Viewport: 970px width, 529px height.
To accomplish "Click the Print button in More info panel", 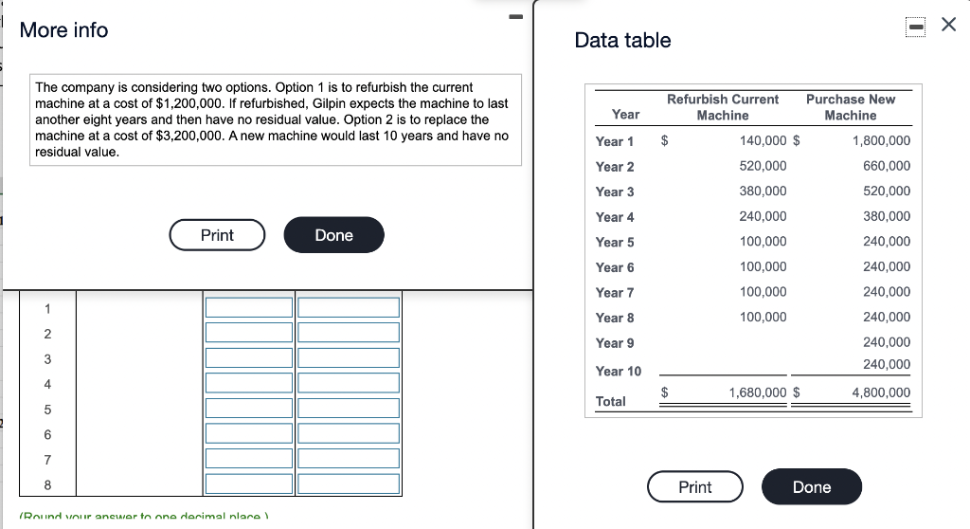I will [x=217, y=235].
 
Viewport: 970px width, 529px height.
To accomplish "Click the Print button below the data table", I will [x=694, y=487].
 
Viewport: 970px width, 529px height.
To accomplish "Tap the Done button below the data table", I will [x=811, y=487].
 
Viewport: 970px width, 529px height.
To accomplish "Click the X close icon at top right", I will [x=949, y=26].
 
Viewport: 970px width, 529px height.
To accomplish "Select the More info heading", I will [x=63, y=30].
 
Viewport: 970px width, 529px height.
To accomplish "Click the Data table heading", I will [x=622, y=41].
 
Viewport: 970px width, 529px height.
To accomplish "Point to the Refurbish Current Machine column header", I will [x=722, y=107].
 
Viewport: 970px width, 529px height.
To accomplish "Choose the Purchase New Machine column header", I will [x=850, y=107].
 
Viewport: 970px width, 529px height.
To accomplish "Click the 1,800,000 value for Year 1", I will [x=881, y=141].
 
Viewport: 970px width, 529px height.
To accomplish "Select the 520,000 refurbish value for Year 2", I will [x=763, y=166].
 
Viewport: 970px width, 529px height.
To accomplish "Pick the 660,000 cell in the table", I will [x=888, y=166].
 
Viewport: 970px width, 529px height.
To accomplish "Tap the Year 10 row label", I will [x=618, y=371].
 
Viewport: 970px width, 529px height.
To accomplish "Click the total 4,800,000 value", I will [x=881, y=392].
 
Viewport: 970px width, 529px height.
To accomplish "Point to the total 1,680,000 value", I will [x=757, y=392].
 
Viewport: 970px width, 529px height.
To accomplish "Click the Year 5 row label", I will [x=615, y=242].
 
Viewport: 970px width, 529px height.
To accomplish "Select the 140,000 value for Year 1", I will [x=763, y=141].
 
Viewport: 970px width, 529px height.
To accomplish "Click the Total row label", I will [x=610, y=401].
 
